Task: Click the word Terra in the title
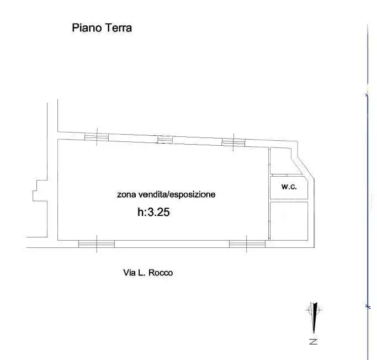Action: [x=118, y=28]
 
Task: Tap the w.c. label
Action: [x=289, y=187]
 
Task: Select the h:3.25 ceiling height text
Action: [x=153, y=211]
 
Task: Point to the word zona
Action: [x=126, y=194]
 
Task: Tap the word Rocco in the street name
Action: [x=161, y=272]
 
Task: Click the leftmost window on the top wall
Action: [x=96, y=137]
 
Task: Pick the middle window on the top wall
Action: [x=165, y=140]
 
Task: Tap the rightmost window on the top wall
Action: [x=233, y=142]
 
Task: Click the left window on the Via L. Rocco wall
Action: [x=97, y=243]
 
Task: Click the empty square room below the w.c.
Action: [x=289, y=221]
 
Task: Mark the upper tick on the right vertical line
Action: [x=367, y=96]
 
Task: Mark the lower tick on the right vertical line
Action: [x=367, y=305]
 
